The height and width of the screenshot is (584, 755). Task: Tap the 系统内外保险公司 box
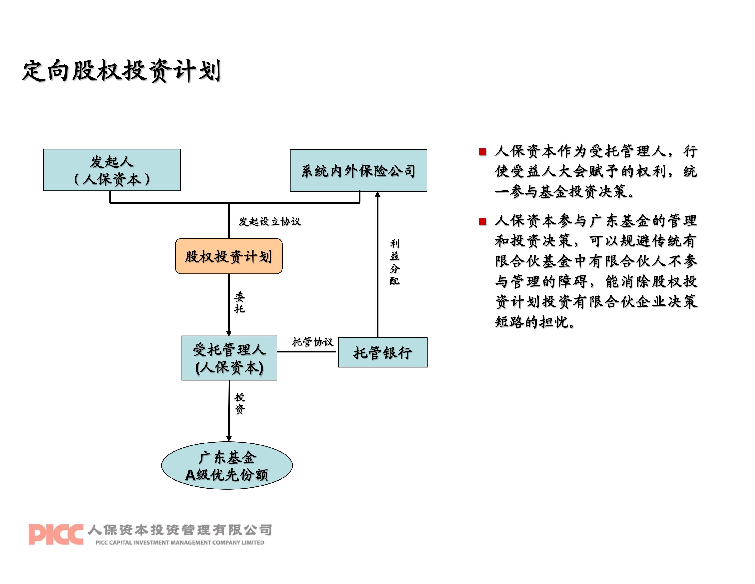[358, 171]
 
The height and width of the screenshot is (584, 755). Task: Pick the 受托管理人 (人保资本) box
[229, 358]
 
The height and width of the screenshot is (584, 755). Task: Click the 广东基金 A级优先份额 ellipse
[227, 466]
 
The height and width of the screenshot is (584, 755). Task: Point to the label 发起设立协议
[269, 221]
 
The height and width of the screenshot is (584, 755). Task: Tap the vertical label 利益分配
[395, 262]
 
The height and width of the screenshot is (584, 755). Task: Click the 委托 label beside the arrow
[239, 302]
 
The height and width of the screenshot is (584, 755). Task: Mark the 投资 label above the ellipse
[239, 403]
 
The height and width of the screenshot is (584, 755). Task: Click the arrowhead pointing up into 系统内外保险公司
[377, 194]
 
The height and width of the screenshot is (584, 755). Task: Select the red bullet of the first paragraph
[483, 152]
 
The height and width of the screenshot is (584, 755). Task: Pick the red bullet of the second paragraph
[483, 221]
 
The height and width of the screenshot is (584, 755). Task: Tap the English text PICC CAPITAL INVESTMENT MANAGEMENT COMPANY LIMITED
[180, 543]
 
